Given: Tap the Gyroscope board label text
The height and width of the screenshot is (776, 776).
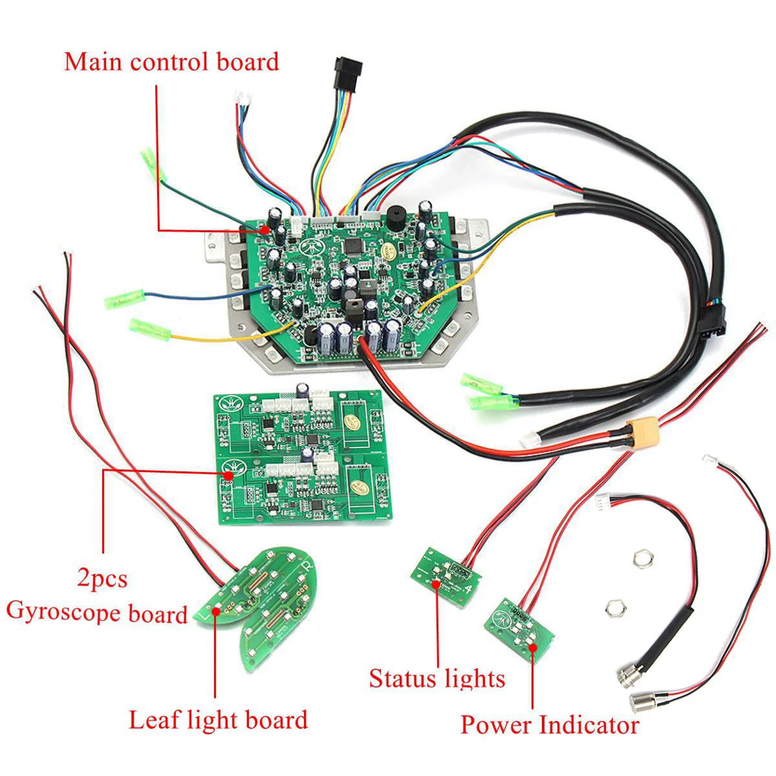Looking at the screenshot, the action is (97, 612).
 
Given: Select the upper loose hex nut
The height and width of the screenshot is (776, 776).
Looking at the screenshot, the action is (643, 559).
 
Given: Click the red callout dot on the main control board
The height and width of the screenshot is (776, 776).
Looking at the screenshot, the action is (265, 230).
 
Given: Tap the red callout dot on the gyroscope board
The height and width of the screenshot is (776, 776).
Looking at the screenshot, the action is (229, 475).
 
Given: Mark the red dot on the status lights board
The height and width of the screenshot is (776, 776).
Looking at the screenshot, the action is (436, 583).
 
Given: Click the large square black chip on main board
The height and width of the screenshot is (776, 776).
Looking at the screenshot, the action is (353, 246).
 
